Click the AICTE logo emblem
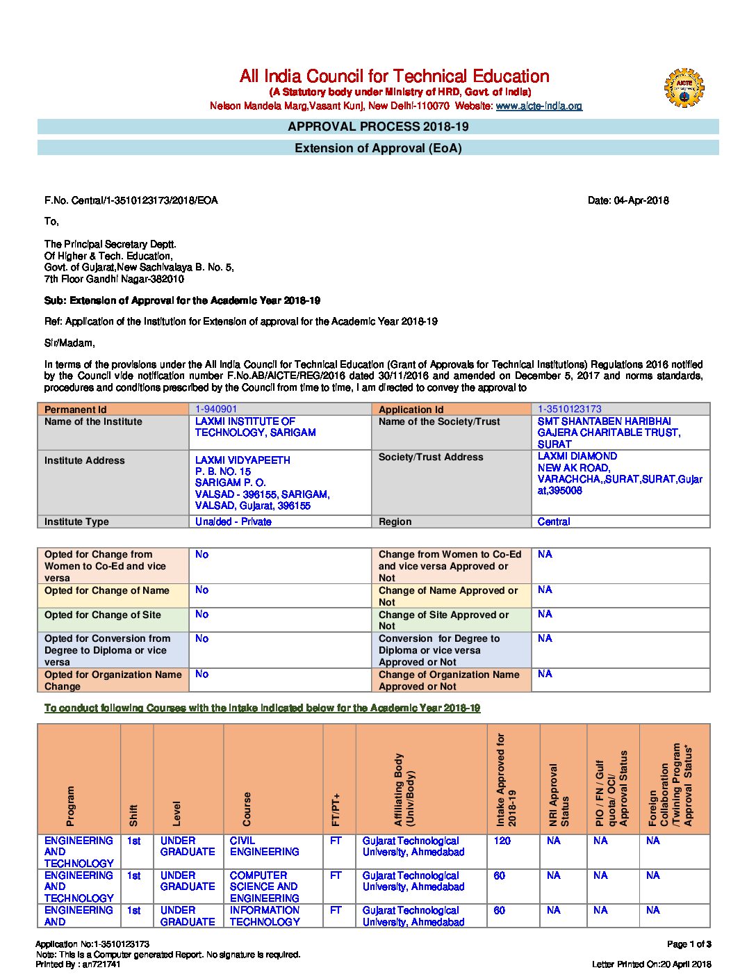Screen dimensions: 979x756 point(684,88)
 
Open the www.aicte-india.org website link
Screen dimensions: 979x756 point(539,106)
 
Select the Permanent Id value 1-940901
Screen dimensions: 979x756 point(216,410)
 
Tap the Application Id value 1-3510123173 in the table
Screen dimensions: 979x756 point(569,410)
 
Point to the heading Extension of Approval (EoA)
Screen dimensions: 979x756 point(378,148)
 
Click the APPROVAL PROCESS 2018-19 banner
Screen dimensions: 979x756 point(378,127)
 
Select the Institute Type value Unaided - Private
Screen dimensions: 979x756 point(233,522)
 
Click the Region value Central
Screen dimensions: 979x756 point(554,522)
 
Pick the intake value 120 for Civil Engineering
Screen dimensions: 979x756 point(502,841)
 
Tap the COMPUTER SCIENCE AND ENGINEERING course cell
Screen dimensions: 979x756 point(264,887)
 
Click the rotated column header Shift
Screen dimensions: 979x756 point(133,815)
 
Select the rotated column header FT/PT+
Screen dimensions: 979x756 point(337,809)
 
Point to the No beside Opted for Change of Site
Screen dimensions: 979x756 point(202,615)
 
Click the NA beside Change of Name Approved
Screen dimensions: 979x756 point(545,590)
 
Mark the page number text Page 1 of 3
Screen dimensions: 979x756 point(689,944)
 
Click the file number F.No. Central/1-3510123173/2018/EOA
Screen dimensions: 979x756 point(131,201)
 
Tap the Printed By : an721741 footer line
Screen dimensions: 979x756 point(78,964)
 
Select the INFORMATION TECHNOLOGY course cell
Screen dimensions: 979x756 point(265,916)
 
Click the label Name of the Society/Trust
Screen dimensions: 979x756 point(439,422)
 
